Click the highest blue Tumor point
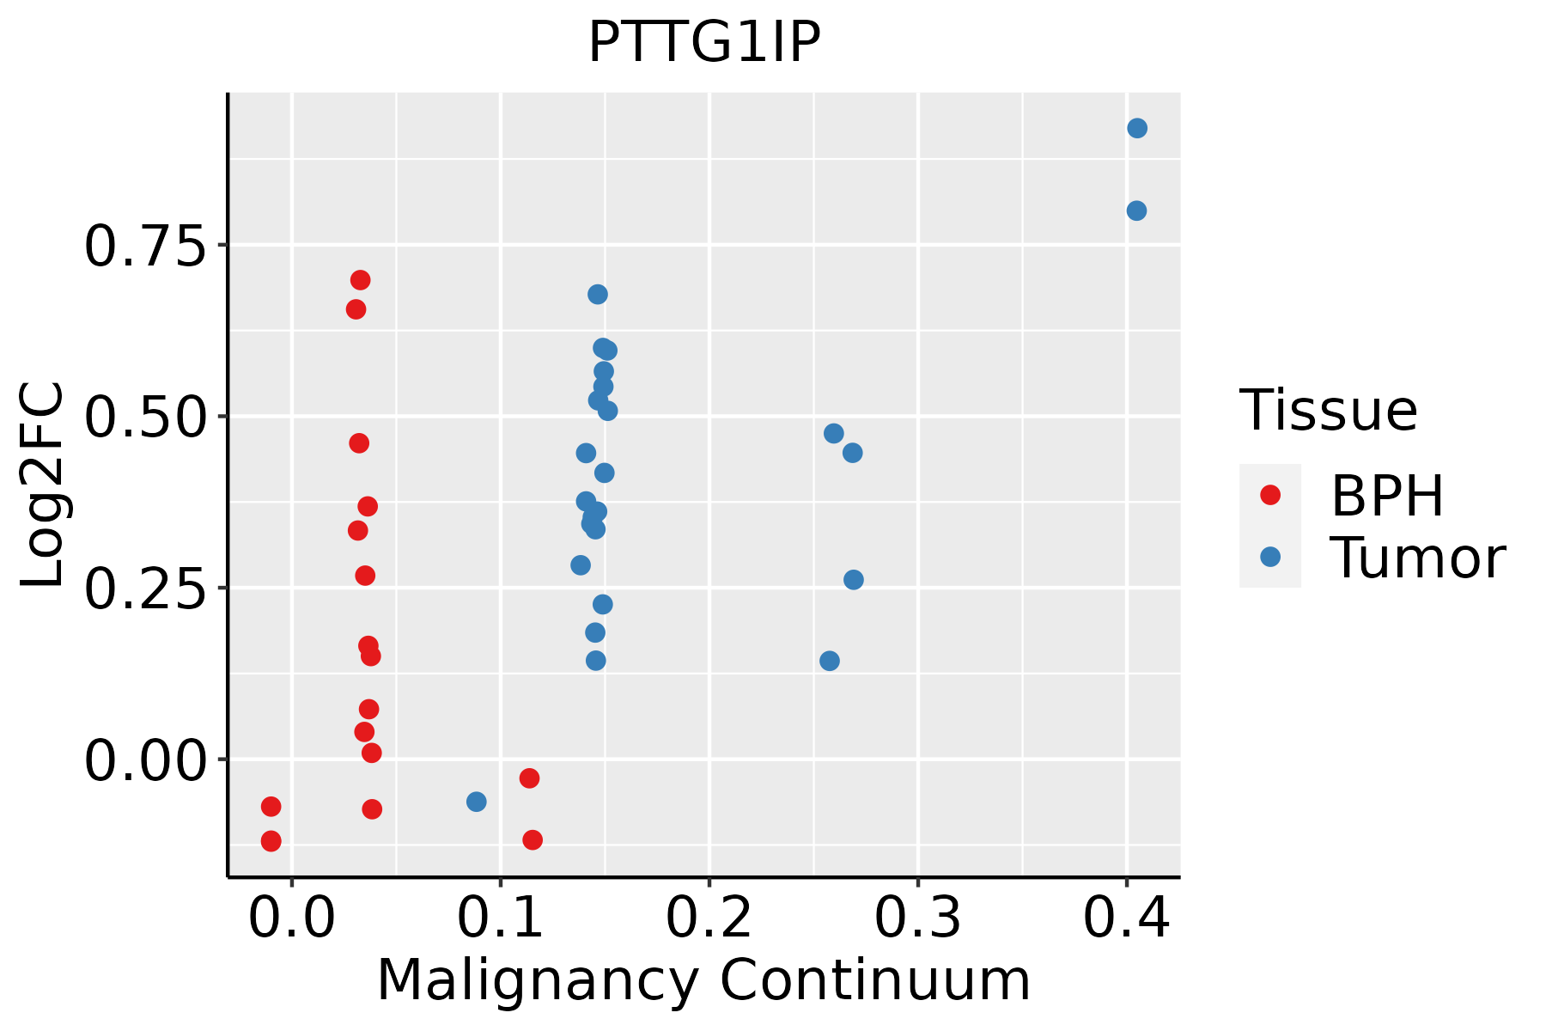(1137, 129)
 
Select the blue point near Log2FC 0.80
(1136, 210)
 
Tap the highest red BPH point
(361, 280)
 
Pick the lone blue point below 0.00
(477, 802)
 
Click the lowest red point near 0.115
(533, 839)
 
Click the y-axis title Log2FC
(43, 485)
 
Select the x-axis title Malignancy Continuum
(704, 980)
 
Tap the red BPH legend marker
(1270, 495)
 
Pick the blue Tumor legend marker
(1270, 557)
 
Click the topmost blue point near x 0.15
(598, 295)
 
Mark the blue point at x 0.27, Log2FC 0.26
(854, 580)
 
